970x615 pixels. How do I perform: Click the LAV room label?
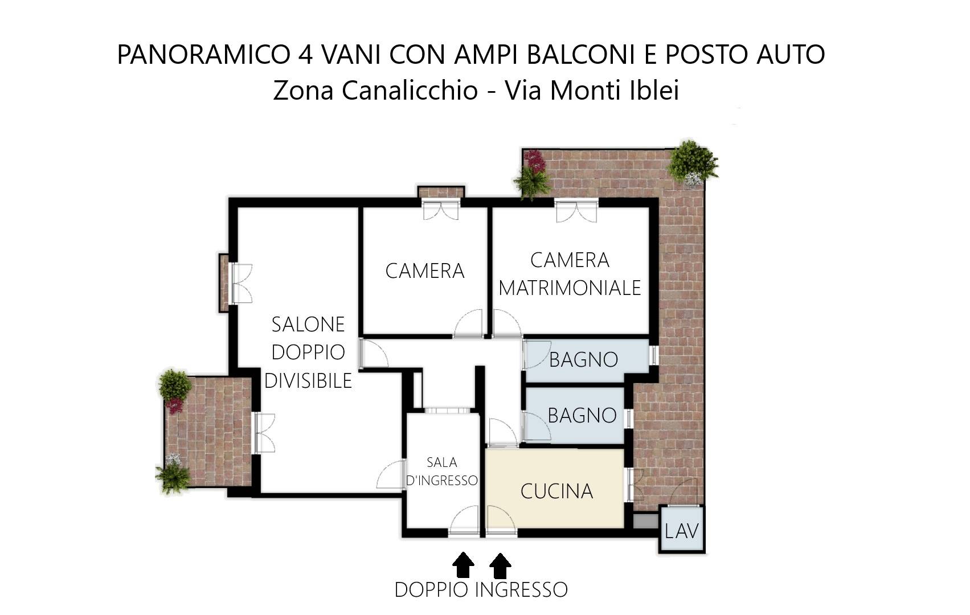pyautogui.click(x=681, y=531)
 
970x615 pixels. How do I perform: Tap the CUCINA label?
pyautogui.click(x=556, y=491)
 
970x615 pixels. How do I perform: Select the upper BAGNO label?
pyautogui.click(x=583, y=360)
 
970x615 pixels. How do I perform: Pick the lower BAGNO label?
pyautogui.click(x=582, y=416)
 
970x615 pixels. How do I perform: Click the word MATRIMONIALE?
pyautogui.click(x=570, y=288)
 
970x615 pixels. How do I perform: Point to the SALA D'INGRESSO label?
pyautogui.click(x=442, y=471)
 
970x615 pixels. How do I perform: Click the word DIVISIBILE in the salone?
pyautogui.click(x=308, y=380)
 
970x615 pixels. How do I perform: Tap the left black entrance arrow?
pyautogui.click(x=463, y=565)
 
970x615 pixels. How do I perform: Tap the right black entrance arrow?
pyautogui.click(x=500, y=565)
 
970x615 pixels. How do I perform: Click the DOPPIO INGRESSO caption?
pyautogui.click(x=481, y=590)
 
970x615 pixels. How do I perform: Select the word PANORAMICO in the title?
pyautogui.click(x=203, y=55)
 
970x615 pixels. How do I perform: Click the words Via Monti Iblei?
pyautogui.click(x=592, y=91)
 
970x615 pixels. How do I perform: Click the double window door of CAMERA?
pyautogui.click(x=440, y=209)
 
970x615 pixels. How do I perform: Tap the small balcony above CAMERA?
pyautogui.click(x=441, y=192)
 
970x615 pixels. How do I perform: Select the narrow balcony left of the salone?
pyautogui.click(x=224, y=283)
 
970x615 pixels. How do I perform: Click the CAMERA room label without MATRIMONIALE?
pyautogui.click(x=425, y=271)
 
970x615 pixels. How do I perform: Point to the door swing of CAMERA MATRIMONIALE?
pyautogui.click(x=506, y=323)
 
